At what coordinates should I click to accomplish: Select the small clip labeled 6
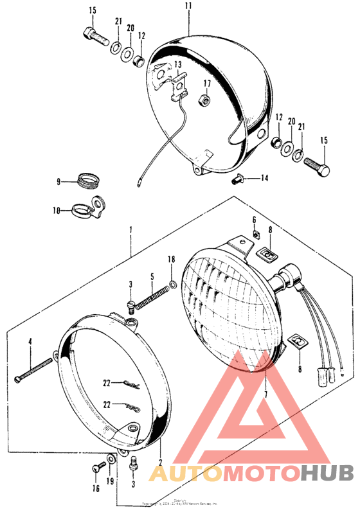(255, 234)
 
